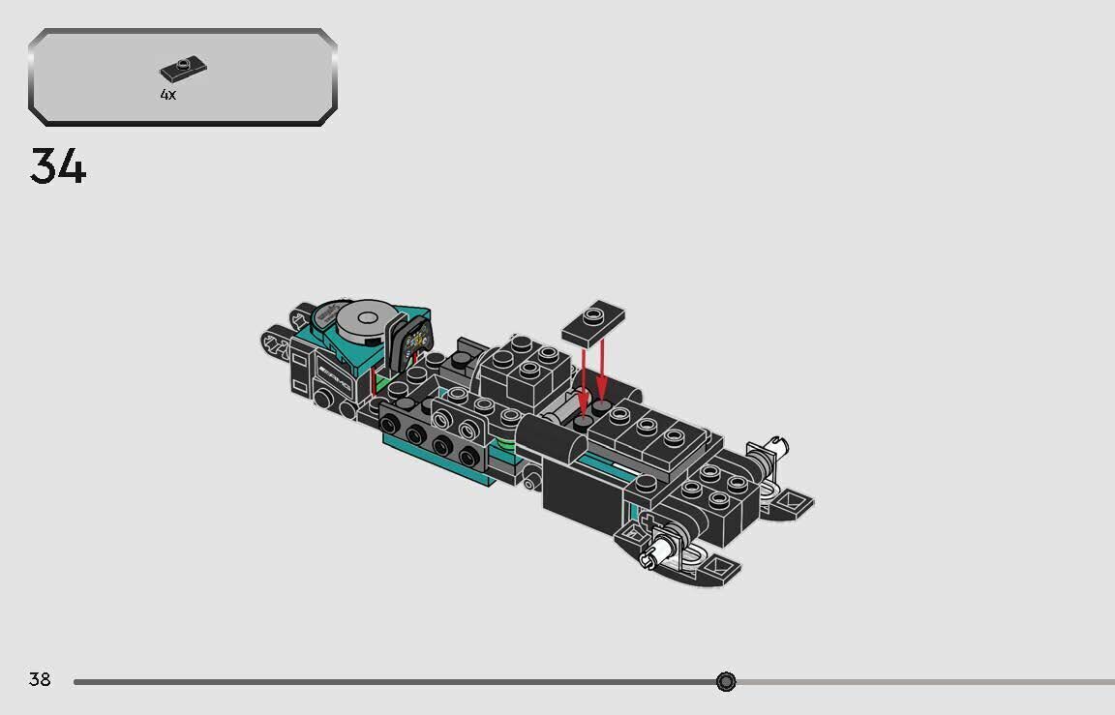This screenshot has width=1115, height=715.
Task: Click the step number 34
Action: (58, 165)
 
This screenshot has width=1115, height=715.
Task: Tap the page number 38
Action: (40, 679)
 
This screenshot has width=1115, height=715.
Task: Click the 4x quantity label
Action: (168, 95)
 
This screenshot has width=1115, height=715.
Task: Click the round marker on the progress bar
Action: (726, 682)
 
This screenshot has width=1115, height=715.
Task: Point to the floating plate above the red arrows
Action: (591, 320)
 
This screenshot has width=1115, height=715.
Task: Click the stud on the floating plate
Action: (592, 313)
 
